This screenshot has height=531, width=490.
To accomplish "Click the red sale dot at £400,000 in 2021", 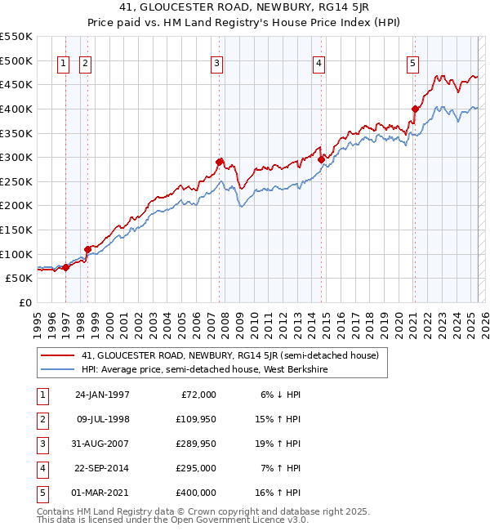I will (x=415, y=109).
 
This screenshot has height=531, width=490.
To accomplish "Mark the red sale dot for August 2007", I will (x=220, y=162).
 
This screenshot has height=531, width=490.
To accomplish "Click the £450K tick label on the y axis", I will (x=16, y=85).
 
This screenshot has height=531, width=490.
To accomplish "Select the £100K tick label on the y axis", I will (x=16, y=254).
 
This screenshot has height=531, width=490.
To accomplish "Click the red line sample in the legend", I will (x=58, y=356).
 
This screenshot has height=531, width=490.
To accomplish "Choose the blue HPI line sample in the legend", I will (x=58, y=370).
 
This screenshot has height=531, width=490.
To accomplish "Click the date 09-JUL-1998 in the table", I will (x=102, y=419).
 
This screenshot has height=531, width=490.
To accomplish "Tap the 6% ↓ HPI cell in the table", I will (x=280, y=395).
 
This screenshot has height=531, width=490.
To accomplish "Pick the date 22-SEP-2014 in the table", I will (x=102, y=468).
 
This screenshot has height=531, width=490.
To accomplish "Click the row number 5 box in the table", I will (x=42, y=493).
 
